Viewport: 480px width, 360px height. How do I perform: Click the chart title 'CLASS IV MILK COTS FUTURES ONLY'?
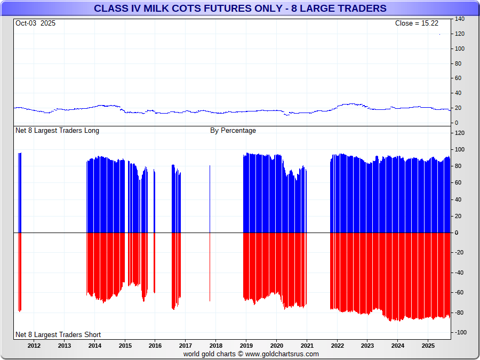[x=240, y=9]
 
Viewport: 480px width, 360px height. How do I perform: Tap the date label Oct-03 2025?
[x=35, y=23]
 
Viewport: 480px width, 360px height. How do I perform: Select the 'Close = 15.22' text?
[x=417, y=23]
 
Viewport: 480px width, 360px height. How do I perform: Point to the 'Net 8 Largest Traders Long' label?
[x=57, y=131]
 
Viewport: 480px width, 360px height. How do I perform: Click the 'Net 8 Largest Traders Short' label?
[x=58, y=335]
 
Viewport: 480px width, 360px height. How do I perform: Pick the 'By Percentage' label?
[x=233, y=131]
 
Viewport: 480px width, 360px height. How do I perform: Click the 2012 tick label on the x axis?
[x=34, y=346]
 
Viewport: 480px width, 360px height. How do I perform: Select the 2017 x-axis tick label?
[x=185, y=346]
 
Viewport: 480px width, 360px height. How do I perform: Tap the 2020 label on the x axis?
[x=276, y=346]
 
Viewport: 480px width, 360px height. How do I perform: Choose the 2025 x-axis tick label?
[x=428, y=346]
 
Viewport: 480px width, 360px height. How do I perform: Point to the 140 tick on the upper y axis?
[x=460, y=19]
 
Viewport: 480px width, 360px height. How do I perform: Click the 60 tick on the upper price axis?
[x=458, y=78]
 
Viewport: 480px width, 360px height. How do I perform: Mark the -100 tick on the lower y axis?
[x=461, y=333]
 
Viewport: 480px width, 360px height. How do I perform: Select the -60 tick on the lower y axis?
[x=459, y=293]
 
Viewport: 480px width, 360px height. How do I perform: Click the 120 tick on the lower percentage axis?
[x=460, y=133]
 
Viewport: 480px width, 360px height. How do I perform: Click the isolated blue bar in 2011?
[x=20, y=192]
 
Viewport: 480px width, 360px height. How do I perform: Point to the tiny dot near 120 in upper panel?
[x=439, y=35]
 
